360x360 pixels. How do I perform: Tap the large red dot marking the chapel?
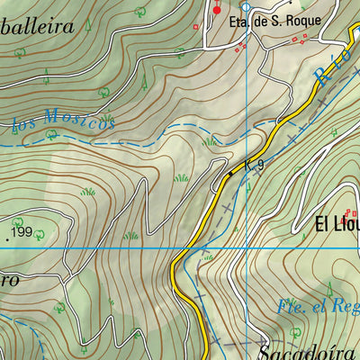coord(216,10)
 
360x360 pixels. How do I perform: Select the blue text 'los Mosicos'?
coord(65,123)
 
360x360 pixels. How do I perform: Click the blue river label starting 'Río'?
coord(329,71)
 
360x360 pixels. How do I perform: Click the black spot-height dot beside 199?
coord(7,238)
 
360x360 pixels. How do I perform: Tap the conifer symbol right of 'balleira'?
coord(88,24)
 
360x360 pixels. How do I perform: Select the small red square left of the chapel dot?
coord(195,27)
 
